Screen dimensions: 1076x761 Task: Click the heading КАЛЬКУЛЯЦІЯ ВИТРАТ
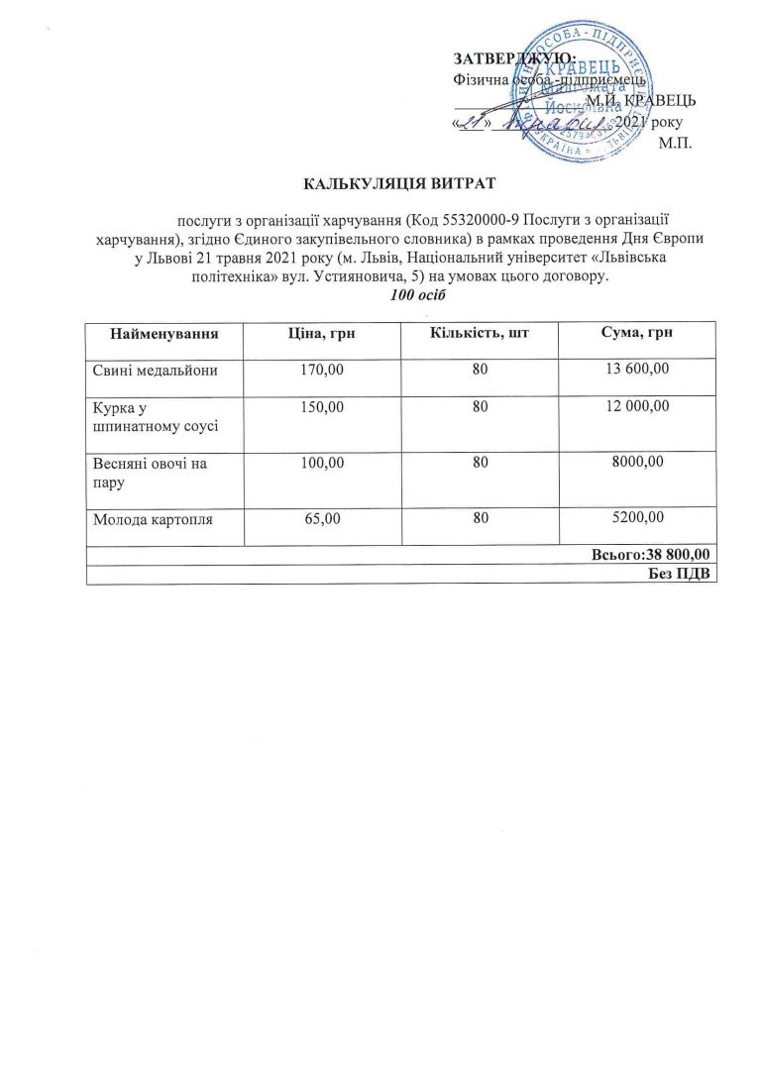(398, 183)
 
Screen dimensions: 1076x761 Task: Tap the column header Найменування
(165, 335)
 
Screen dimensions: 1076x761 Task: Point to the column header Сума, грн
(637, 335)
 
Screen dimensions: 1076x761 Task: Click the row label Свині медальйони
(153, 371)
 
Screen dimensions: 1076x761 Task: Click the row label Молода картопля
(153, 517)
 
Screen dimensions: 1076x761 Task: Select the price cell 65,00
(322, 517)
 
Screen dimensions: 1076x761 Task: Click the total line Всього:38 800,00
(654, 555)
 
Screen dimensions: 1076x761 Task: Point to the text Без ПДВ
(684, 576)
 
